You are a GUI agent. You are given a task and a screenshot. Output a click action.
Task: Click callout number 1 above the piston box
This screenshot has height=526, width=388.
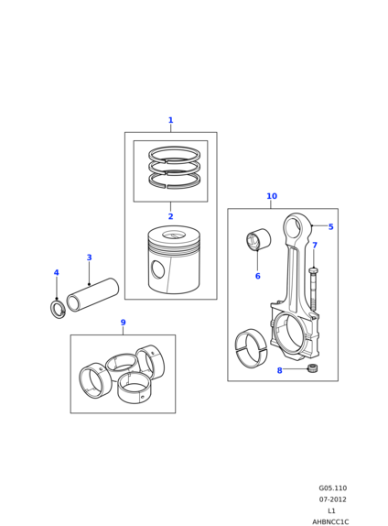coord(170,120)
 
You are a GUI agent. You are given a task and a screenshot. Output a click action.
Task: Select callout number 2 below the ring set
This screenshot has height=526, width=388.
coord(170,216)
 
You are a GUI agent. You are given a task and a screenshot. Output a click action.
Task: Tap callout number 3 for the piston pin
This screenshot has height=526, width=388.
coord(89,258)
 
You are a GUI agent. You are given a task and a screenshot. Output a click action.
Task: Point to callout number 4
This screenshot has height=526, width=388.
coord(57,272)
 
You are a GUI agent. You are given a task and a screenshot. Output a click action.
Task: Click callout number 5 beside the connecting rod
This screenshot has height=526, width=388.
coord(330,226)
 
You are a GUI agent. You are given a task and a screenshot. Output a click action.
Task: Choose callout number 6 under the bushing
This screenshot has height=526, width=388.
coord(258,276)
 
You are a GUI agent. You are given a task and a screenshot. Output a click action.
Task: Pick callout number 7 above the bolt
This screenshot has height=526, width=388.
coord(315,246)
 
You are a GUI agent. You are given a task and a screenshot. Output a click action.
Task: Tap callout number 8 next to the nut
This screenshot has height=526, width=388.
coord(279,370)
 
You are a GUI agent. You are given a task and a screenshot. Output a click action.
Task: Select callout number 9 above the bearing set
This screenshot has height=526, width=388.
coord(123,323)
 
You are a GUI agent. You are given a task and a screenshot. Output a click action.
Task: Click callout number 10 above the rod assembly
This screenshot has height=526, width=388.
coord(272,196)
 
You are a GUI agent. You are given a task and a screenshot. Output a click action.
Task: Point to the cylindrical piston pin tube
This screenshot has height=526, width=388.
coord(92,294)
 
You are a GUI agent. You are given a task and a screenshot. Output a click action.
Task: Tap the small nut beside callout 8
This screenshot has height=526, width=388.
coord(312,368)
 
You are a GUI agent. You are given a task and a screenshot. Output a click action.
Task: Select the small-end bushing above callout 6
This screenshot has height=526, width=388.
coord(258,239)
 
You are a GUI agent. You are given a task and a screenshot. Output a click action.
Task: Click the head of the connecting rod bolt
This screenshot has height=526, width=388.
coord(313,269)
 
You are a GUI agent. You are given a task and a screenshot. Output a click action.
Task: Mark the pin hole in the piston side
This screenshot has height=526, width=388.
coord(157,269)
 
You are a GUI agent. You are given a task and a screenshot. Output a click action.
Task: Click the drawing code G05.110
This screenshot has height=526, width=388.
coord(333,488)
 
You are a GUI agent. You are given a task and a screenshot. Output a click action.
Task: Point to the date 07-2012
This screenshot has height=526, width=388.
coord(333,499)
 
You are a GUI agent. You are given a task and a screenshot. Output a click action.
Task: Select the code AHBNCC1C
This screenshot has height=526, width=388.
coord(330,522)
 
